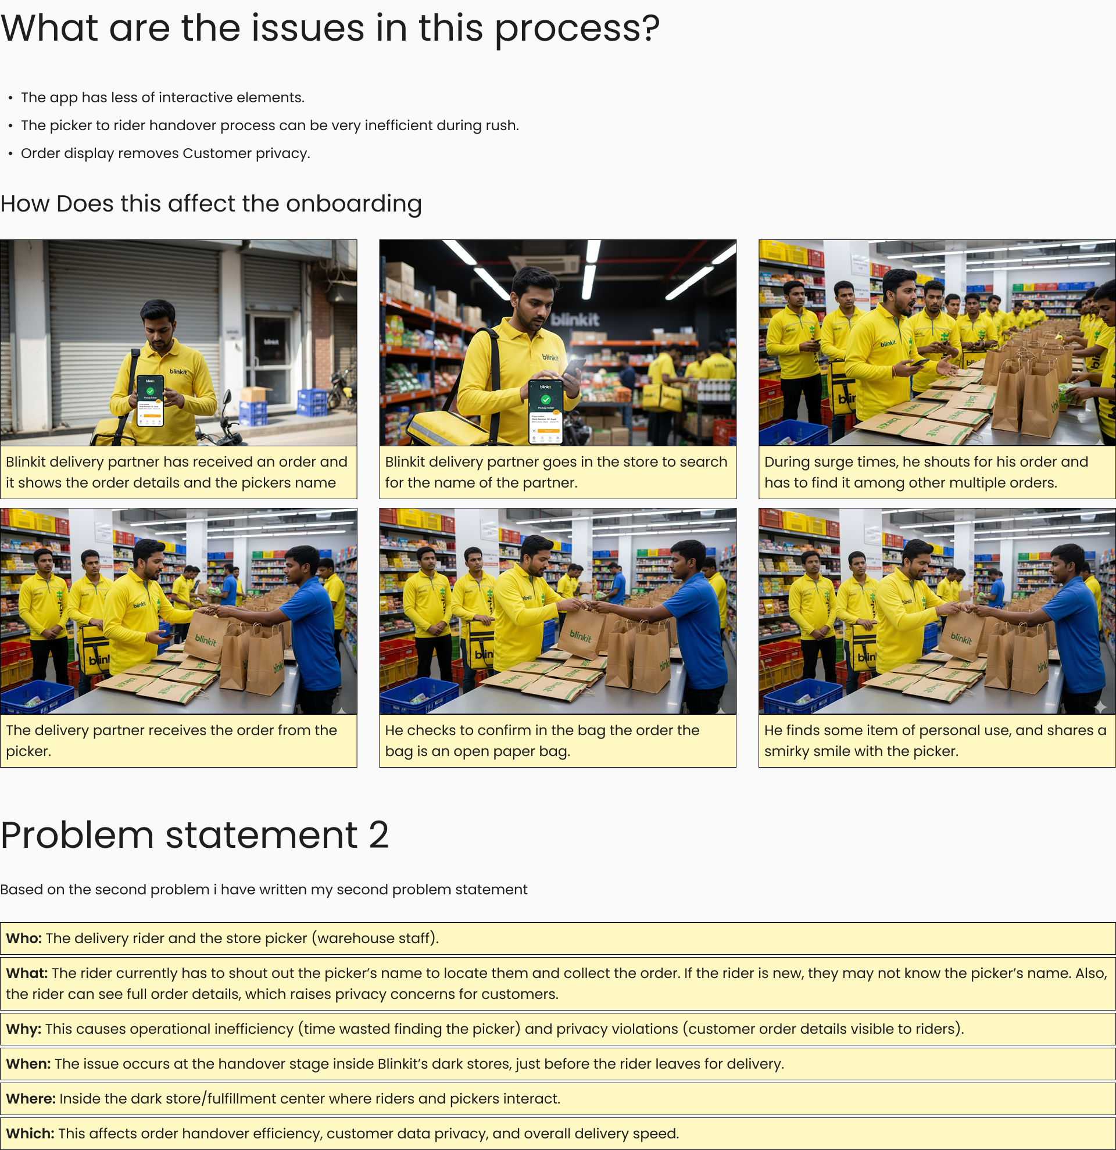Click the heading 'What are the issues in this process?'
click(x=330, y=28)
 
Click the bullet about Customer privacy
click(x=166, y=153)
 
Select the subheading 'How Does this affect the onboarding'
click(x=211, y=203)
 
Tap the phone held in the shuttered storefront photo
click(x=150, y=400)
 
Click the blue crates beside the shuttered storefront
click(x=312, y=403)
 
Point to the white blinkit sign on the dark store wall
click(x=575, y=320)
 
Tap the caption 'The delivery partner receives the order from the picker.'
click(x=171, y=740)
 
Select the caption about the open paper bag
click(x=542, y=740)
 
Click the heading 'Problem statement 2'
click(x=194, y=835)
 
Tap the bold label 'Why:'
click(x=23, y=1029)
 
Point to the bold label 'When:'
click(x=28, y=1064)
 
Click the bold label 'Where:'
click(x=30, y=1098)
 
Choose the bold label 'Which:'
click(x=30, y=1134)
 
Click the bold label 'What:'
click(x=26, y=973)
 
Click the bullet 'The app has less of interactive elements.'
click(x=163, y=98)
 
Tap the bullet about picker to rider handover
click(x=270, y=126)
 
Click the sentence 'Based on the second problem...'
click(x=263, y=890)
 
